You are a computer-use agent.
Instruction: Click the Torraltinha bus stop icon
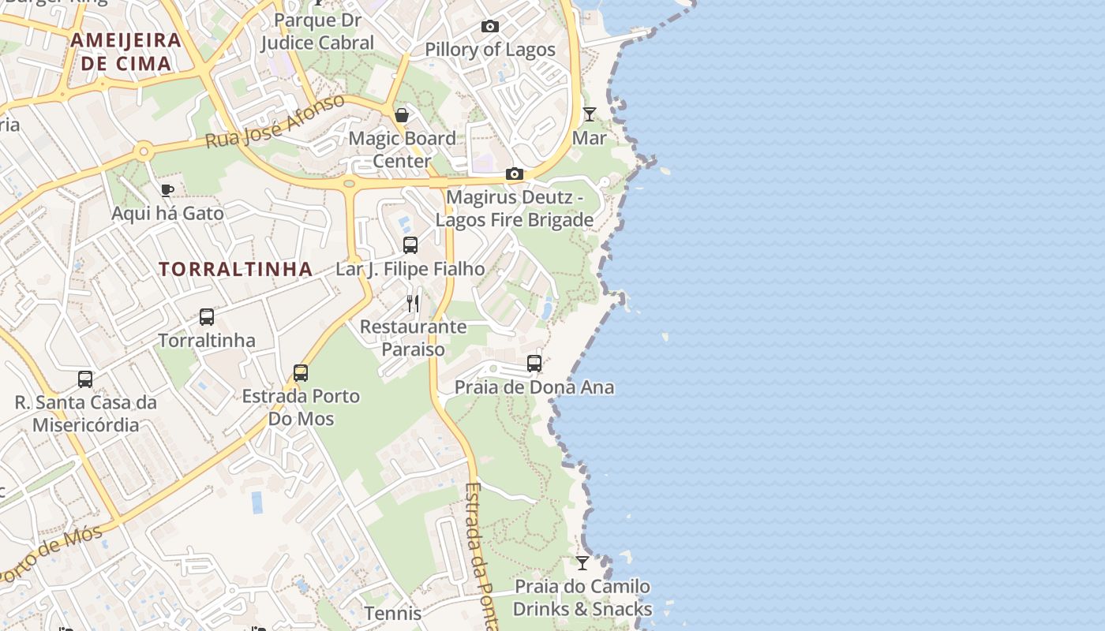point(207,317)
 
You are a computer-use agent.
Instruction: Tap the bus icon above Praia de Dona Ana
point(534,364)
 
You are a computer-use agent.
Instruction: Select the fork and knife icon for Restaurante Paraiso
point(413,303)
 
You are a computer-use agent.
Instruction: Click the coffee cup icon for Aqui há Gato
point(167,190)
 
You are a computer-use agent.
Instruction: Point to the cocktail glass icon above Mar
point(589,114)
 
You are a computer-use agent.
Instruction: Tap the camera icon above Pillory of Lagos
point(489,27)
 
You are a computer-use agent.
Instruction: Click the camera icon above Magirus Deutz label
point(514,174)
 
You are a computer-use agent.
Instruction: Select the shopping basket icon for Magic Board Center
point(402,116)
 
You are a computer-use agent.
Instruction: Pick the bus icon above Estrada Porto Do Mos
point(301,372)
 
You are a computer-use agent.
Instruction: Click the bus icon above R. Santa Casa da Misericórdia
point(85,379)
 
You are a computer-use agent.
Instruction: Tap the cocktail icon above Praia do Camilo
point(582,563)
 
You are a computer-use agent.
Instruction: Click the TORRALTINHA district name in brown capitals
point(236,269)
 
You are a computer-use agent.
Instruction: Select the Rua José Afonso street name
point(275,121)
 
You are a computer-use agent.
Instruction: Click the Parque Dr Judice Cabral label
point(317,31)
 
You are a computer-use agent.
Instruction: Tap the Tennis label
point(393,613)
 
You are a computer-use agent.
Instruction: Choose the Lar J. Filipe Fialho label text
point(410,269)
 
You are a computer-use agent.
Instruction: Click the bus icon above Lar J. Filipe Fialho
point(410,245)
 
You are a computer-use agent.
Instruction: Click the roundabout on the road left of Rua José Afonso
point(143,151)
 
